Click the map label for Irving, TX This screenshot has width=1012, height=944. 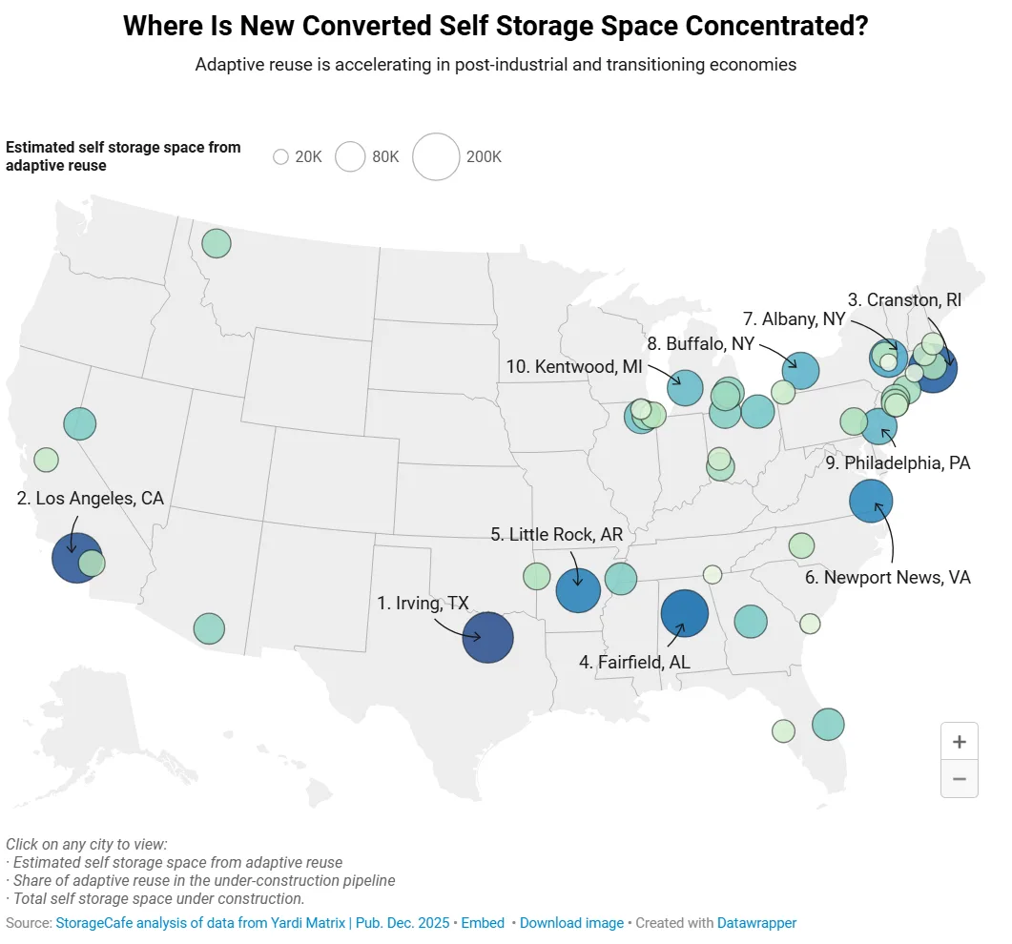pyautogui.click(x=423, y=603)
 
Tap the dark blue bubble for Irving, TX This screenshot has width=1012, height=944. pyautogui.click(x=487, y=637)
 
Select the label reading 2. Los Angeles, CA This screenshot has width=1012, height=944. pyautogui.click(x=91, y=498)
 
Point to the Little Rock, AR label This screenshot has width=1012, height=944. pyautogui.click(x=556, y=534)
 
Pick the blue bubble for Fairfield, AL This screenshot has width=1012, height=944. pyautogui.click(x=684, y=613)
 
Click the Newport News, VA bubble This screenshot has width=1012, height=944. pyautogui.click(x=870, y=501)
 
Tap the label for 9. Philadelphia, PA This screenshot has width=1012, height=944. pyautogui.click(x=898, y=463)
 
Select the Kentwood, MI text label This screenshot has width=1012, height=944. pyautogui.click(x=575, y=366)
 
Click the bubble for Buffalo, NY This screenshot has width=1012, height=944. pyautogui.click(x=800, y=370)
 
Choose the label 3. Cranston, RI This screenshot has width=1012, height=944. pyautogui.click(x=904, y=299)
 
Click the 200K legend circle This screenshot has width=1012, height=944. pyautogui.click(x=436, y=156)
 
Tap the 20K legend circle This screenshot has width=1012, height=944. pyautogui.click(x=280, y=157)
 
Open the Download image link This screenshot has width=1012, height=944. pyautogui.click(x=571, y=923)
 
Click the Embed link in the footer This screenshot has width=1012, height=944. pyautogui.click(x=483, y=923)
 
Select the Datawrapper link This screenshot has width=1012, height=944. pyautogui.click(x=756, y=923)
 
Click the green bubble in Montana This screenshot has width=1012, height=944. pyautogui.click(x=217, y=243)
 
